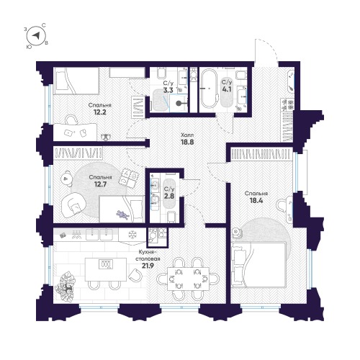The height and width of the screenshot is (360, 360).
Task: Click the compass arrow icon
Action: [x=36, y=35]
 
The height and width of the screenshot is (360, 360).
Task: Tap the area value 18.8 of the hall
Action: [x=187, y=143]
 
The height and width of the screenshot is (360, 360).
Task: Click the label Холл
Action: [x=187, y=135]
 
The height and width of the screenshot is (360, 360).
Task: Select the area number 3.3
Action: [x=168, y=91]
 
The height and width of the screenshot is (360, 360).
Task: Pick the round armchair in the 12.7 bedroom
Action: [x=71, y=205]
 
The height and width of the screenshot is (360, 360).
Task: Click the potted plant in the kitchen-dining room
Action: [x=69, y=284]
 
